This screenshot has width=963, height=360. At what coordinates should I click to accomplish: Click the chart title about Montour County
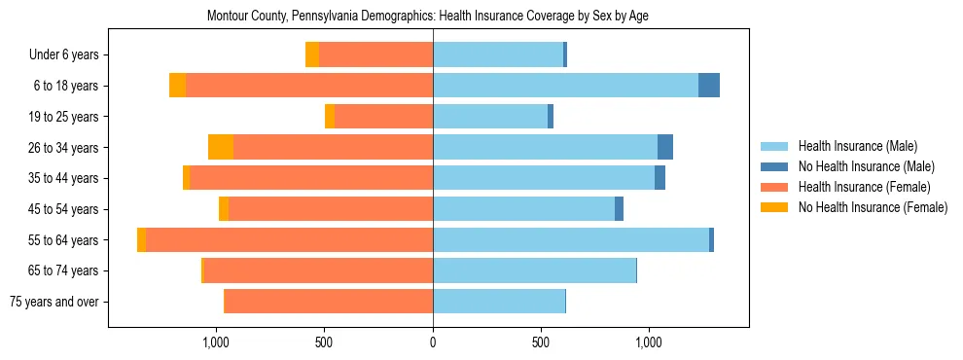pyautogui.click(x=428, y=17)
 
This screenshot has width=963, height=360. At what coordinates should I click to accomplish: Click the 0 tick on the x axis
pyautogui.click(x=433, y=342)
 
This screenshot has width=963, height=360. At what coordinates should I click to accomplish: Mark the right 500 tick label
pyautogui.click(x=541, y=342)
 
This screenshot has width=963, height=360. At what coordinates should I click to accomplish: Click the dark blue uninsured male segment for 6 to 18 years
pyautogui.click(x=709, y=86)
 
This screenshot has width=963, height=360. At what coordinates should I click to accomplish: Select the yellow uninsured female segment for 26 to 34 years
pyautogui.click(x=221, y=147)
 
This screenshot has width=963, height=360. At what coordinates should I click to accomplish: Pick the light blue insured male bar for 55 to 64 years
pyautogui.click(x=571, y=239)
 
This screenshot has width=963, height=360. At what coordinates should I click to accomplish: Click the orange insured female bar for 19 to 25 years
pyautogui.click(x=383, y=117)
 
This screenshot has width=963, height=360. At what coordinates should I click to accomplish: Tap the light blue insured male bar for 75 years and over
pyautogui.click(x=499, y=302)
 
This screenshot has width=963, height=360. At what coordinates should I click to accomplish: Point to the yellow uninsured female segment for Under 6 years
pyautogui.click(x=312, y=55)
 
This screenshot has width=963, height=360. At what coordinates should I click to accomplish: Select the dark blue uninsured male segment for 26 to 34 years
pyautogui.click(x=665, y=147)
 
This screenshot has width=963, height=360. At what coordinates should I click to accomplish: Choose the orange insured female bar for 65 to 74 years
pyautogui.click(x=318, y=270)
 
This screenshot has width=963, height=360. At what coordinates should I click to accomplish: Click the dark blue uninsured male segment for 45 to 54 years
pyautogui.click(x=619, y=209)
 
